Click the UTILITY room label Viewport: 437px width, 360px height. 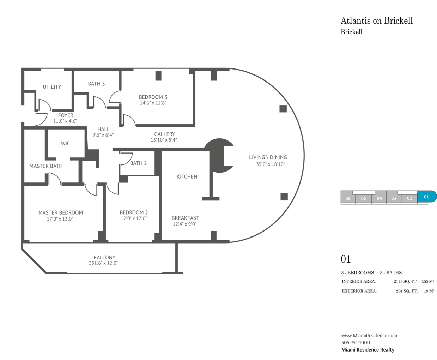tap(52, 87)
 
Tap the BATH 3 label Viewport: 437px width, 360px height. tap(96, 84)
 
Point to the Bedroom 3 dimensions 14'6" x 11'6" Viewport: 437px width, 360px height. tap(153, 103)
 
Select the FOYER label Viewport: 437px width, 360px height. tap(66, 115)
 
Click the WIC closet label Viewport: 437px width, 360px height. tap(66, 143)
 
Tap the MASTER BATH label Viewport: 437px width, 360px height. tap(46, 166)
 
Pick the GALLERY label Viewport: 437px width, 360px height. tap(164, 134)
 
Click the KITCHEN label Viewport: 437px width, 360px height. tap(187, 177)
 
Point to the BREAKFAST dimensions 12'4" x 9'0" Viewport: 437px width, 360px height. tap(184, 224)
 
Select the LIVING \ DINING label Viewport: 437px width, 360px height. tap(268, 157)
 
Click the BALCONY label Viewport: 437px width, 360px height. tap(104, 258)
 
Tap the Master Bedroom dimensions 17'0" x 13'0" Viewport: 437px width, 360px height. tap(60, 219)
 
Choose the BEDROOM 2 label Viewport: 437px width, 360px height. tap(134, 212)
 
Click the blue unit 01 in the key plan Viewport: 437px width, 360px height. tap(427, 197)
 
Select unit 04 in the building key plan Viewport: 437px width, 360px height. tap(379, 198)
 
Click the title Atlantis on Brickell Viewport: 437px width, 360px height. tap(377, 21)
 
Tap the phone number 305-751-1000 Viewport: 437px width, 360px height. tap(356, 342)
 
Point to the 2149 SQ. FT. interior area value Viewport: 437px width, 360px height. tap(406, 281)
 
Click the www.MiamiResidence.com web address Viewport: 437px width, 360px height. tap(369, 335)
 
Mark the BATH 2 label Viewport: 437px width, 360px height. tap(138, 163)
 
